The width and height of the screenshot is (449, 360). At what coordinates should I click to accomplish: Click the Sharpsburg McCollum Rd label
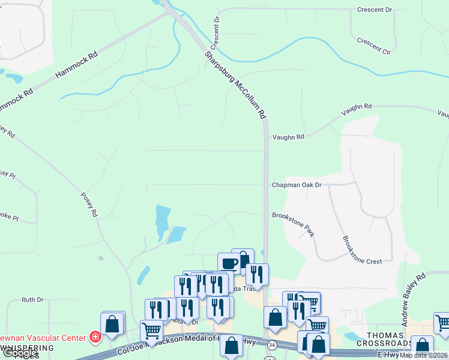[235, 85]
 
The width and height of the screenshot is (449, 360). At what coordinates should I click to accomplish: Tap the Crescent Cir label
[373, 46]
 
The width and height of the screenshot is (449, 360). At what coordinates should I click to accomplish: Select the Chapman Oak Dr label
[297, 185]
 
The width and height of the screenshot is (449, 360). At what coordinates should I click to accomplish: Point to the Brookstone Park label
[293, 223]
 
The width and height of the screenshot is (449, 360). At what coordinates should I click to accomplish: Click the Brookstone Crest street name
[362, 250]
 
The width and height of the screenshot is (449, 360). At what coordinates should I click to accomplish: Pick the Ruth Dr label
[32, 299]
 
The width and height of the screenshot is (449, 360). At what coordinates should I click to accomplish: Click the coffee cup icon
[228, 263]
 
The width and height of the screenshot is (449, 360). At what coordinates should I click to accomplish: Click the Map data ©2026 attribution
[424, 355]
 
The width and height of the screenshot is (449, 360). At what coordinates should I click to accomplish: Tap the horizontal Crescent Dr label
[373, 10]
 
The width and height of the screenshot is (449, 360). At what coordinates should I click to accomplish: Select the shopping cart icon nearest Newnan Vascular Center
[151, 329]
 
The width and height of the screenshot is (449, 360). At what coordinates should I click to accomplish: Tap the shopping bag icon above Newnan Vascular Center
[112, 324]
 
